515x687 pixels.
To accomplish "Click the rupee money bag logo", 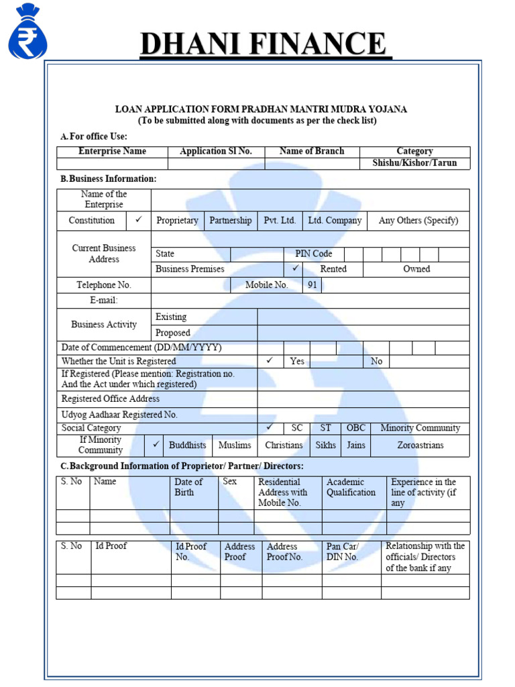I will tap(28, 32).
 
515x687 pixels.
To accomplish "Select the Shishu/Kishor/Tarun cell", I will tap(414, 163).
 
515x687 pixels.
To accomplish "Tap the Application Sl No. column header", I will tap(216, 152).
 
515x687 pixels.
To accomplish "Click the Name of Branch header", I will tap(312, 152).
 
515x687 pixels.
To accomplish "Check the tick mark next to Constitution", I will tap(138, 220).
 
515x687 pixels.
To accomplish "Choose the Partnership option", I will tap(231, 221).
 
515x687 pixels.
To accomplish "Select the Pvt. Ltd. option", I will tap(280, 221).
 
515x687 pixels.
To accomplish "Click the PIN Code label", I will tap(313, 254).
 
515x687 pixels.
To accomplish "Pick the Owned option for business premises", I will tap(416, 269).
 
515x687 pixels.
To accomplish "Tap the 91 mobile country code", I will tap(312, 285).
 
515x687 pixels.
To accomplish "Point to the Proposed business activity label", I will tap(173, 333).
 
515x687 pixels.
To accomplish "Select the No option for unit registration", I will tap(376, 362).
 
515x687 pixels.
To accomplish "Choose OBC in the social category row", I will tap(355, 428).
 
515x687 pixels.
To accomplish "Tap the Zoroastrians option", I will tap(420, 445).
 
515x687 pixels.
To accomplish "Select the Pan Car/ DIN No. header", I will tap(343, 551).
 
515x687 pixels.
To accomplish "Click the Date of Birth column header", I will tap(188, 487).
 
